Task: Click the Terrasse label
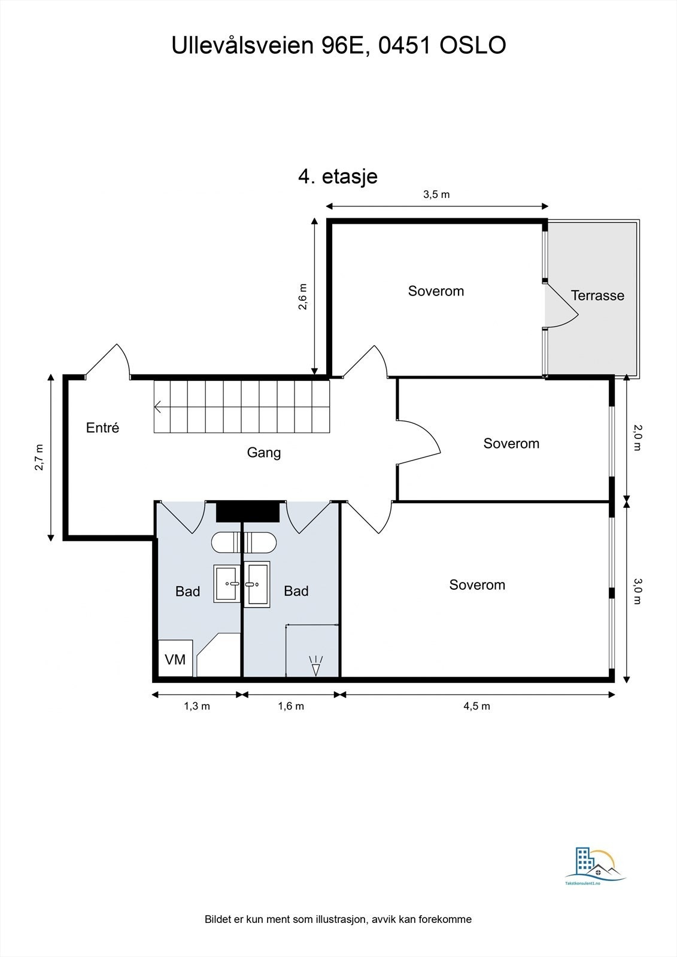click(x=597, y=295)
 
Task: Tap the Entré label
click(x=102, y=428)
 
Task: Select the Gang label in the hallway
click(x=263, y=453)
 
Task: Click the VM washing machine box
click(x=175, y=659)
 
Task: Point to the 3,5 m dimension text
click(x=436, y=194)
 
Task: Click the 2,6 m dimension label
click(x=303, y=297)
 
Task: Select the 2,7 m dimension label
click(x=40, y=458)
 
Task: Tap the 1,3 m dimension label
click(x=196, y=706)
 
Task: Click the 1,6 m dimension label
click(x=291, y=706)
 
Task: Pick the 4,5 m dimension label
click(x=476, y=706)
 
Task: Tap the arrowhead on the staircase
click(x=158, y=407)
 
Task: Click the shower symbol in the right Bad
click(x=315, y=666)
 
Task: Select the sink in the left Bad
click(x=227, y=583)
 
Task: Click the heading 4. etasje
click(x=338, y=177)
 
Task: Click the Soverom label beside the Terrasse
click(x=436, y=291)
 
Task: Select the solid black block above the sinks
click(x=247, y=511)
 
